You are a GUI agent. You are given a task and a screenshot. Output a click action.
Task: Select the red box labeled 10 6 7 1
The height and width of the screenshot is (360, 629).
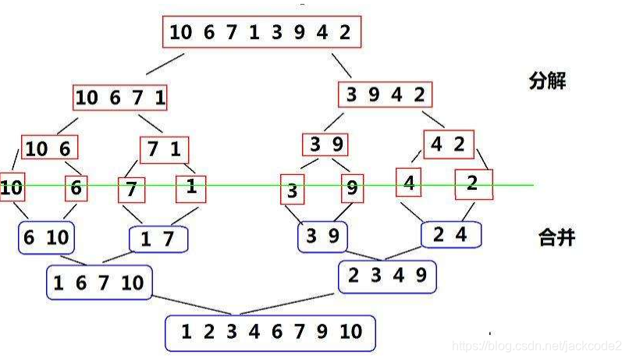[x=121, y=98]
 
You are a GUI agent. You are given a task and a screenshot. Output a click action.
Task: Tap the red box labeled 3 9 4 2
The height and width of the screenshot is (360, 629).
[x=386, y=95]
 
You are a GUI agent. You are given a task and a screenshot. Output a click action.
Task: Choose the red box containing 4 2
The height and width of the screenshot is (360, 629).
[x=449, y=144]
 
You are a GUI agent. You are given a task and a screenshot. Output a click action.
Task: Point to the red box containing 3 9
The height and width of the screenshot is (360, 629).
[x=325, y=144]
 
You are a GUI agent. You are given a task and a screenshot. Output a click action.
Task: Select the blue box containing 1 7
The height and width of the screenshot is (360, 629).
[x=158, y=240]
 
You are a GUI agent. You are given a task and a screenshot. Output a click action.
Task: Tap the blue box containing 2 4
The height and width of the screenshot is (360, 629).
[x=451, y=234]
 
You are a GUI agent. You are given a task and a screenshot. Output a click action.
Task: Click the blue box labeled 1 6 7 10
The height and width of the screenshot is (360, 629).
[x=98, y=283]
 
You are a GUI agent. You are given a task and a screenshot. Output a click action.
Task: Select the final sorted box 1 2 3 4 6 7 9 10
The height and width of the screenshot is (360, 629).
[x=270, y=332]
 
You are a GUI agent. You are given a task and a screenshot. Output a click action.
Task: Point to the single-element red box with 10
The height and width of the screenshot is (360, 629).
[x=11, y=187]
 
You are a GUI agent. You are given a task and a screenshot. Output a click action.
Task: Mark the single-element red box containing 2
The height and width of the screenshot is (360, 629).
[x=471, y=184]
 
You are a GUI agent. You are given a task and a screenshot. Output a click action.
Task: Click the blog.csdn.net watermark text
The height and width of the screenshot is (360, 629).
[x=538, y=344]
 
